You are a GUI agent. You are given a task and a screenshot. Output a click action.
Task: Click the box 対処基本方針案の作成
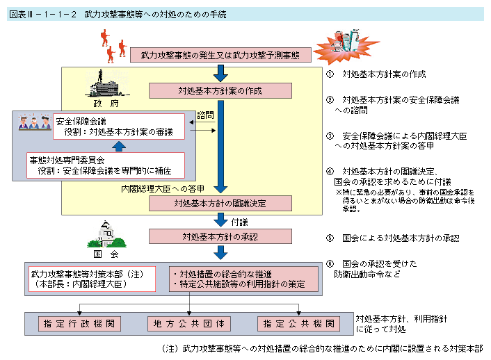click(x=220, y=91)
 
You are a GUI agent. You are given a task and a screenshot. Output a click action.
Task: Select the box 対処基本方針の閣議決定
click(x=220, y=202)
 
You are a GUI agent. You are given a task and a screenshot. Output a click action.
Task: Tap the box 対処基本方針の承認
click(x=220, y=236)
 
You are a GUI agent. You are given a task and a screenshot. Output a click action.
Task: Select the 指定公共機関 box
click(x=298, y=324)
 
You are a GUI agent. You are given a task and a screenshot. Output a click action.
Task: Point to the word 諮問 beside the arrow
click(x=207, y=114)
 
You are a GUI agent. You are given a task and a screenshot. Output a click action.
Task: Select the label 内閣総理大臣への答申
click(x=163, y=188)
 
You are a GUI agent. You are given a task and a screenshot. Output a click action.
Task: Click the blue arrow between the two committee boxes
click(x=120, y=145)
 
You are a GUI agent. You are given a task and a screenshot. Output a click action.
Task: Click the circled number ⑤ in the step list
click(x=330, y=238)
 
